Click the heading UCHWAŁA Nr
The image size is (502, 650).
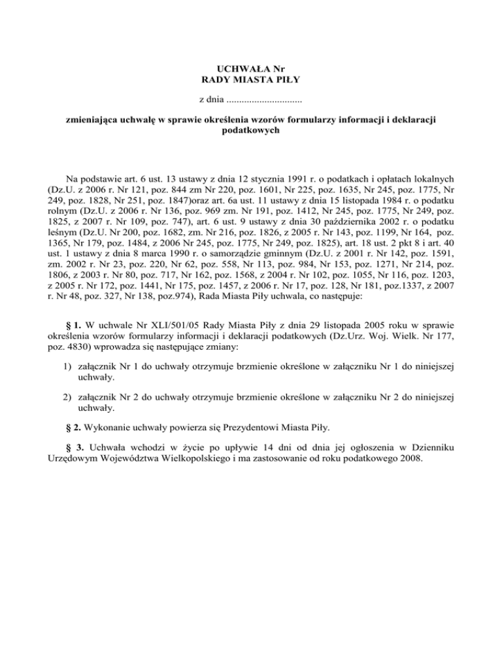(251, 67)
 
